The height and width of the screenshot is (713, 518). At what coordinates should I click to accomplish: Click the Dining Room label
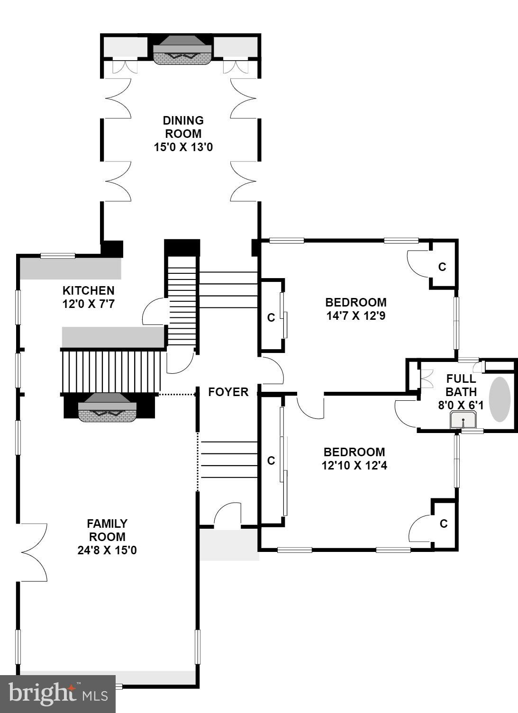(x=183, y=127)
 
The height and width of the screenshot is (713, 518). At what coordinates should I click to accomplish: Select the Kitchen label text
(x=89, y=290)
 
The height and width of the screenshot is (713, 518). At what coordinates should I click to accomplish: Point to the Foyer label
(x=228, y=392)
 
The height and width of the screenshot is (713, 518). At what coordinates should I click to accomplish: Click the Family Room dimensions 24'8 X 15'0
(x=107, y=551)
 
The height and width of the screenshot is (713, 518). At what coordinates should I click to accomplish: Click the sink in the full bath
(x=463, y=420)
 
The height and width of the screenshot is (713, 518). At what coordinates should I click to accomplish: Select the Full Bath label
(x=461, y=385)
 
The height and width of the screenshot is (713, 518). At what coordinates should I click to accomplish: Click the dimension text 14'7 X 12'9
(x=356, y=316)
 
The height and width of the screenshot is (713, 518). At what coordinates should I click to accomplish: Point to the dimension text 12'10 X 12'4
(x=354, y=466)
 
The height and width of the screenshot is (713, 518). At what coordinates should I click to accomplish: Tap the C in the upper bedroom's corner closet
(x=442, y=267)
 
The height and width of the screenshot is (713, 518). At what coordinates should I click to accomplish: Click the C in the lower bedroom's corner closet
(x=444, y=523)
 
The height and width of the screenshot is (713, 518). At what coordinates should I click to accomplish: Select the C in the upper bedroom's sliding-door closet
(x=271, y=318)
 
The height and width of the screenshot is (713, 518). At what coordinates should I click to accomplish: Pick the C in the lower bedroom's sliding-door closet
(x=271, y=460)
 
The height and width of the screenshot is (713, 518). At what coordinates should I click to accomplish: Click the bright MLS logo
(x=57, y=694)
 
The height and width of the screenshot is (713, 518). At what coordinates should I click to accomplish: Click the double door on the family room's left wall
(x=33, y=552)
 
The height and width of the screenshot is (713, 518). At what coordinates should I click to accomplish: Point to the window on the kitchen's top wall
(x=58, y=256)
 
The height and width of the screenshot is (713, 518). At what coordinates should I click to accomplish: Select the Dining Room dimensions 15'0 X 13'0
(x=183, y=147)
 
